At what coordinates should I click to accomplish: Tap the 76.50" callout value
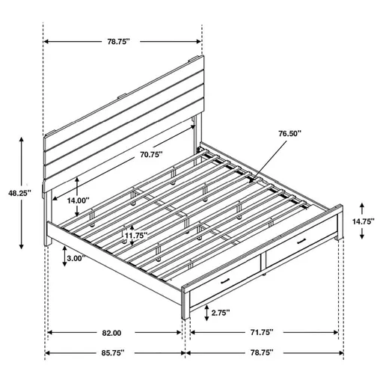(x=289, y=133)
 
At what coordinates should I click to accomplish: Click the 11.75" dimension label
(x=136, y=235)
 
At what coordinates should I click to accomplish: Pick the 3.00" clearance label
(x=76, y=257)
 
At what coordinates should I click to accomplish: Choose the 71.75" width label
(x=262, y=331)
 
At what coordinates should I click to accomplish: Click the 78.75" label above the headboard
(x=123, y=43)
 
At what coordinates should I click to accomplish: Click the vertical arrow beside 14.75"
(x=363, y=221)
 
